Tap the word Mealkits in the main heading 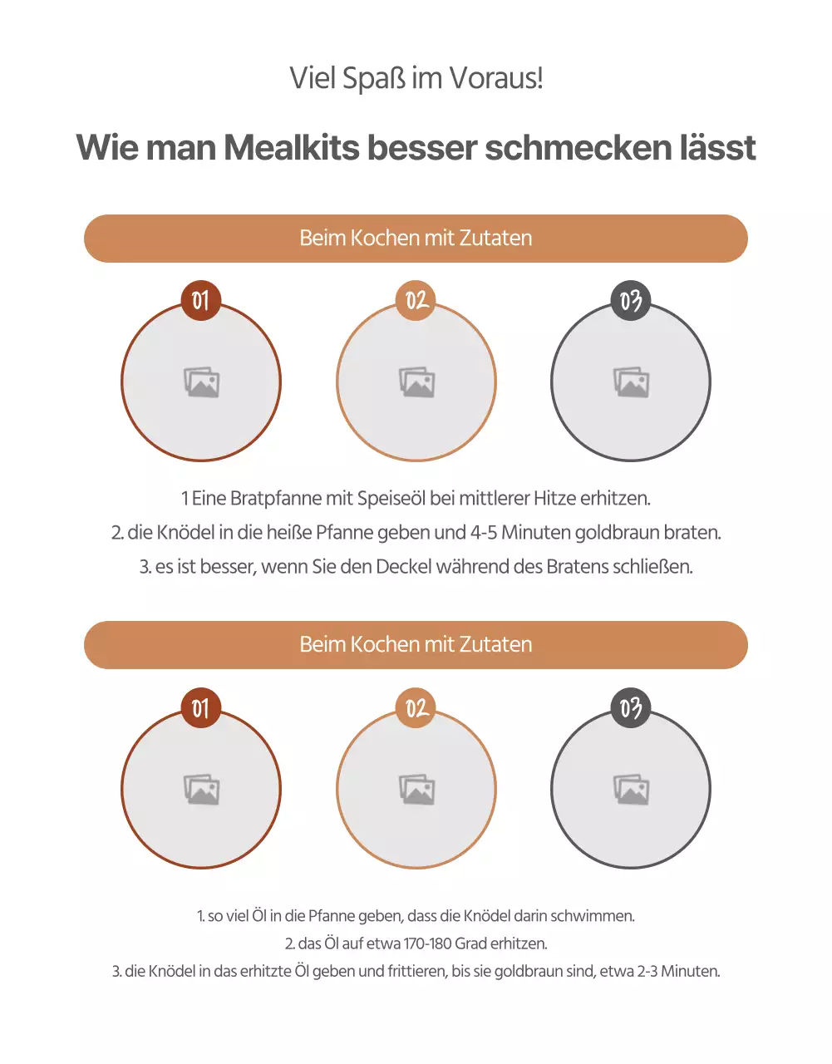[292, 148]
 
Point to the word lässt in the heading [717, 148]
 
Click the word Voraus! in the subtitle [496, 79]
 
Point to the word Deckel [405, 567]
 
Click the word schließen [652, 567]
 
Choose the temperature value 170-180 [439, 943]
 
